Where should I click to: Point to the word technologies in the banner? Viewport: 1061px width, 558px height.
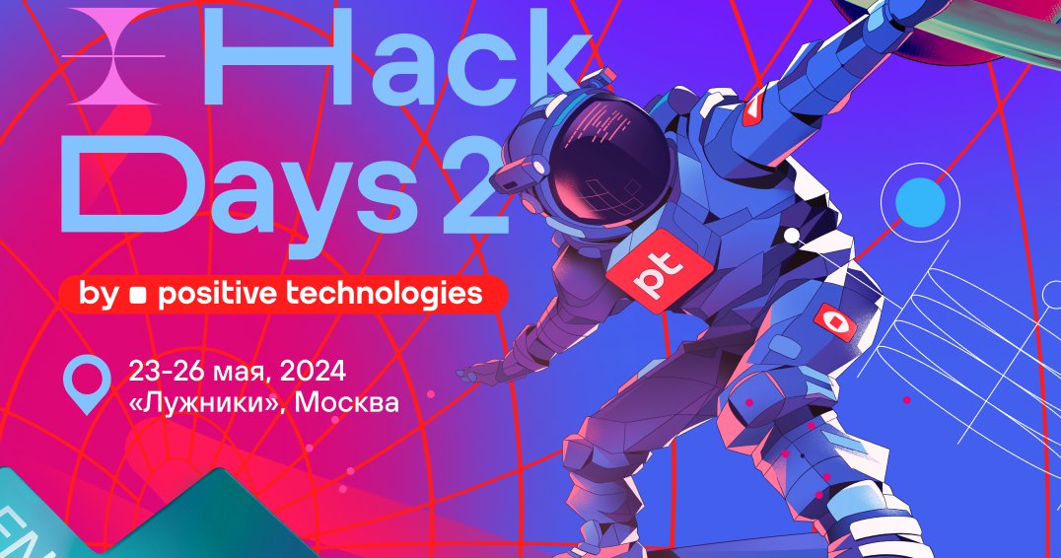pos(385,294)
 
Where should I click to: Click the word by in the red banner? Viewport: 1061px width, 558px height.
pos(99,295)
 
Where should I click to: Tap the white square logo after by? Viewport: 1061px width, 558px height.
pos(138,295)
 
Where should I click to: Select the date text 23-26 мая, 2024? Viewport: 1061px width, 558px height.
pos(237,372)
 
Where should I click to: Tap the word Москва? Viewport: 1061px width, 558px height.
pos(346,402)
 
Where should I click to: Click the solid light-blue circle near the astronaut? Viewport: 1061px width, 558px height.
pos(920,201)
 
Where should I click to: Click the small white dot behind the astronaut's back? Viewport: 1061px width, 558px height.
pos(792,236)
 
